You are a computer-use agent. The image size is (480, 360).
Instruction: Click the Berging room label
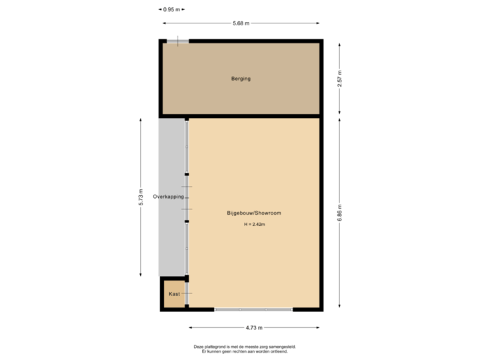[x=241, y=79]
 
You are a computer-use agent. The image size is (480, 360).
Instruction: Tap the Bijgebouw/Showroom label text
[x=253, y=213]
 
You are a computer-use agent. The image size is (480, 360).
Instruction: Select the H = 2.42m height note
[x=253, y=225]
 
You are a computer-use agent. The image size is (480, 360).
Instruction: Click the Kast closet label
[x=174, y=294]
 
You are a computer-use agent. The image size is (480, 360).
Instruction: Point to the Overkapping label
[x=169, y=197]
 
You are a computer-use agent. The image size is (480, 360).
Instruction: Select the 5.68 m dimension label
[x=241, y=24]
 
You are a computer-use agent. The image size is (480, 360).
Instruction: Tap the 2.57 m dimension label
[x=340, y=79]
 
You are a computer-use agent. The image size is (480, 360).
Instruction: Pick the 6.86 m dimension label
[x=340, y=213]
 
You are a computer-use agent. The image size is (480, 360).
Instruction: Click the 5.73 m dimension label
[x=141, y=197]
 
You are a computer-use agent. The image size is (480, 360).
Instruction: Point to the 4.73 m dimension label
[x=254, y=327]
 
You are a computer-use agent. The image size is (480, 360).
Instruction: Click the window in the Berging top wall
[x=177, y=41]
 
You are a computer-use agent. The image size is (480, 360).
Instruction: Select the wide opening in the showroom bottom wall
[x=253, y=309]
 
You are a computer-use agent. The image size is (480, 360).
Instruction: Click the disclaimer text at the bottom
[x=244, y=349]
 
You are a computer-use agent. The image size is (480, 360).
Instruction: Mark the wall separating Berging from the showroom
[x=241, y=116]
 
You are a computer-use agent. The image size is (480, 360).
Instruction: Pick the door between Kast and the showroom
[x=187, y=293]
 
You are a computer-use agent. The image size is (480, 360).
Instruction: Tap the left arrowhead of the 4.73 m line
[x=191, y=327]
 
